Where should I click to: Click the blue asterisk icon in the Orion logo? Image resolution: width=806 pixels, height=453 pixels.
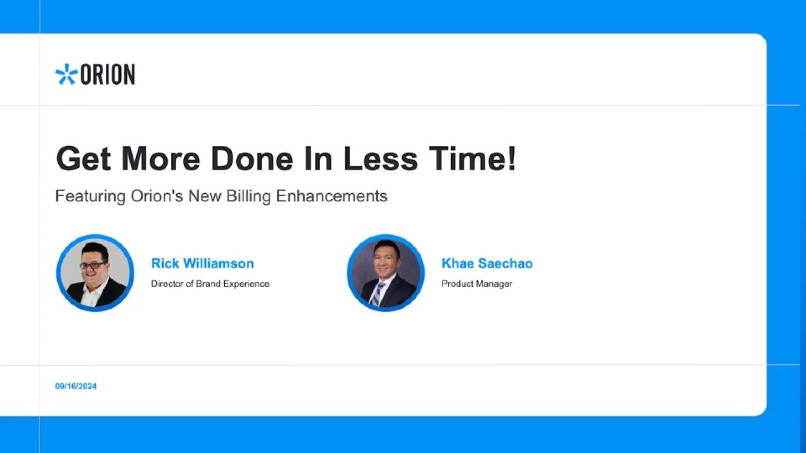click(66, 74)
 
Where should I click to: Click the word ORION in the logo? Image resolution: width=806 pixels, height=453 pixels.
click(107, 74)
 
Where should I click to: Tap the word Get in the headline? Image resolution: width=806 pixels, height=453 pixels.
click(84, 159)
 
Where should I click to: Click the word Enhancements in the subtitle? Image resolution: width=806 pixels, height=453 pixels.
click(332, 196)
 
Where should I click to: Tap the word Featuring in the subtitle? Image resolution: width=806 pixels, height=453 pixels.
click(90, 196)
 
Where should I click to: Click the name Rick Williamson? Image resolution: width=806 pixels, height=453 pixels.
click(202, 263)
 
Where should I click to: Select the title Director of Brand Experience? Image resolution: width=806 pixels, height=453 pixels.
click(210, 284)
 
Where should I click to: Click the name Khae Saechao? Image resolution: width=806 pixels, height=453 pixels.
click(487, 263)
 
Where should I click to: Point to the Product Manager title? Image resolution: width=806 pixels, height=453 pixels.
click(476, 284)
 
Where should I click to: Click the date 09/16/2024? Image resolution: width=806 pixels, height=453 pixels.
click(76, 386)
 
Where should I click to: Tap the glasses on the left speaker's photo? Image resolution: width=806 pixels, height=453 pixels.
click(93, 266)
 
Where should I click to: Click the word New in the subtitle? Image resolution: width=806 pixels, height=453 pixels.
click(204, 196)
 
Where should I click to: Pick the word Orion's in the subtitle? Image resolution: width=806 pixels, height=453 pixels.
click(157, 196)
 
